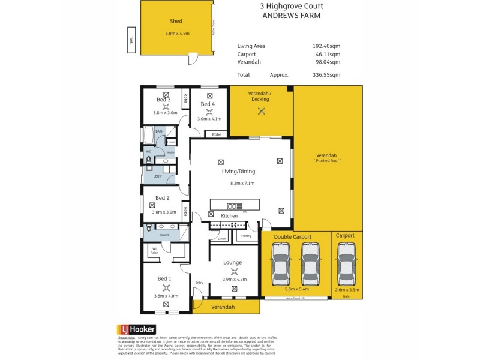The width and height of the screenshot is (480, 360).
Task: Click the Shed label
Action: [176, 22]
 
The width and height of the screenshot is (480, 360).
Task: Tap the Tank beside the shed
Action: [131, 40]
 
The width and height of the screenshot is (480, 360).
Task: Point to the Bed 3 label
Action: [164, 100]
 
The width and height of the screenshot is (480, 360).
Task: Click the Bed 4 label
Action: [208, 104]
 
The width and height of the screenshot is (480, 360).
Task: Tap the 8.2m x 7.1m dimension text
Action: [242, 183]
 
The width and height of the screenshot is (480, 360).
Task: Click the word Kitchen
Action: [229, 215]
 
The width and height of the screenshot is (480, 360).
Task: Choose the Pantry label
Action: [245, 236]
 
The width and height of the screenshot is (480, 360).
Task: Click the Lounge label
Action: [232, 262]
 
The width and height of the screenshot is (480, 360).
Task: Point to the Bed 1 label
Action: [164, 278]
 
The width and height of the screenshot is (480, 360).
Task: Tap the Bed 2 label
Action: [163, 198]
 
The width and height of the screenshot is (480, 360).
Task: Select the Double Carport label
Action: [293, 237]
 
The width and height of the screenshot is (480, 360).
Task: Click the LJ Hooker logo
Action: [137, 329]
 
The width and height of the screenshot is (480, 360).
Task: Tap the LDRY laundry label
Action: [157, 176]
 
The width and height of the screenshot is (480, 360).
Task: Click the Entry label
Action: [200, 283]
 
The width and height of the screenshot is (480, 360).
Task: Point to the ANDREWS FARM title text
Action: [292, 16]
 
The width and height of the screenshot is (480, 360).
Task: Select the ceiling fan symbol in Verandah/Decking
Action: [261, 111]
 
